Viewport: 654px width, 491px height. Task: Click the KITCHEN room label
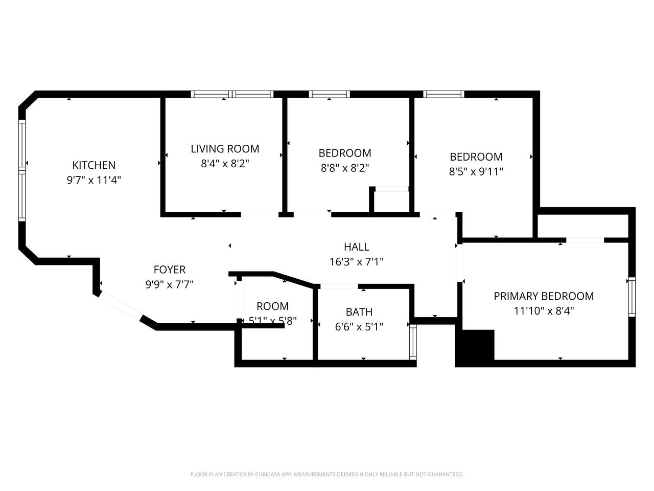point(94,165)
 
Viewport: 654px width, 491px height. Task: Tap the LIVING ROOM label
point(225,149)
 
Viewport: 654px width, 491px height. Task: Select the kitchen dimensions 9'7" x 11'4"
point(94,180)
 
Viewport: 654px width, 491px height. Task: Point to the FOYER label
point(169,270)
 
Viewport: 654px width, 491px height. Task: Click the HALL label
point(356,247)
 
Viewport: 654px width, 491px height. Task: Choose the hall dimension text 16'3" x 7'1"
point(356,262)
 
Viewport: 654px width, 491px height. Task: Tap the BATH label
point(359,312)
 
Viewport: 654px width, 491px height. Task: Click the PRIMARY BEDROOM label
point(544,296)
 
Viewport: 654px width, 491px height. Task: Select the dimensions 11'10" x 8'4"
point(544,310)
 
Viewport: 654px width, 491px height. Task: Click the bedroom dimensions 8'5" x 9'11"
point(476,171)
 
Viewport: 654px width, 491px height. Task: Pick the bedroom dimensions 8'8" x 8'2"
point(344,168)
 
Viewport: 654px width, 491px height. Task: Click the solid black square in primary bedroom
point(476,347)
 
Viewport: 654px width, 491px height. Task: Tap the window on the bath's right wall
point(413,341)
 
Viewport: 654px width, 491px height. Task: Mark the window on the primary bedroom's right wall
point(632,297)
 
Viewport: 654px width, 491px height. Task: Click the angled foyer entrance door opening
point(121,305)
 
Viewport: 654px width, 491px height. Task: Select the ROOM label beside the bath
point(272,306)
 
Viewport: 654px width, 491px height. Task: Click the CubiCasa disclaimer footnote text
point(326,475)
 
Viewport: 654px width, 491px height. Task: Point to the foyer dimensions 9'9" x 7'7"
point(169,284)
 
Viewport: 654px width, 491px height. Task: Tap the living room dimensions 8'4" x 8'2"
point(225,164)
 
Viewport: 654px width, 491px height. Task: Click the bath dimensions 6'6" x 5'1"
point(359,326)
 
